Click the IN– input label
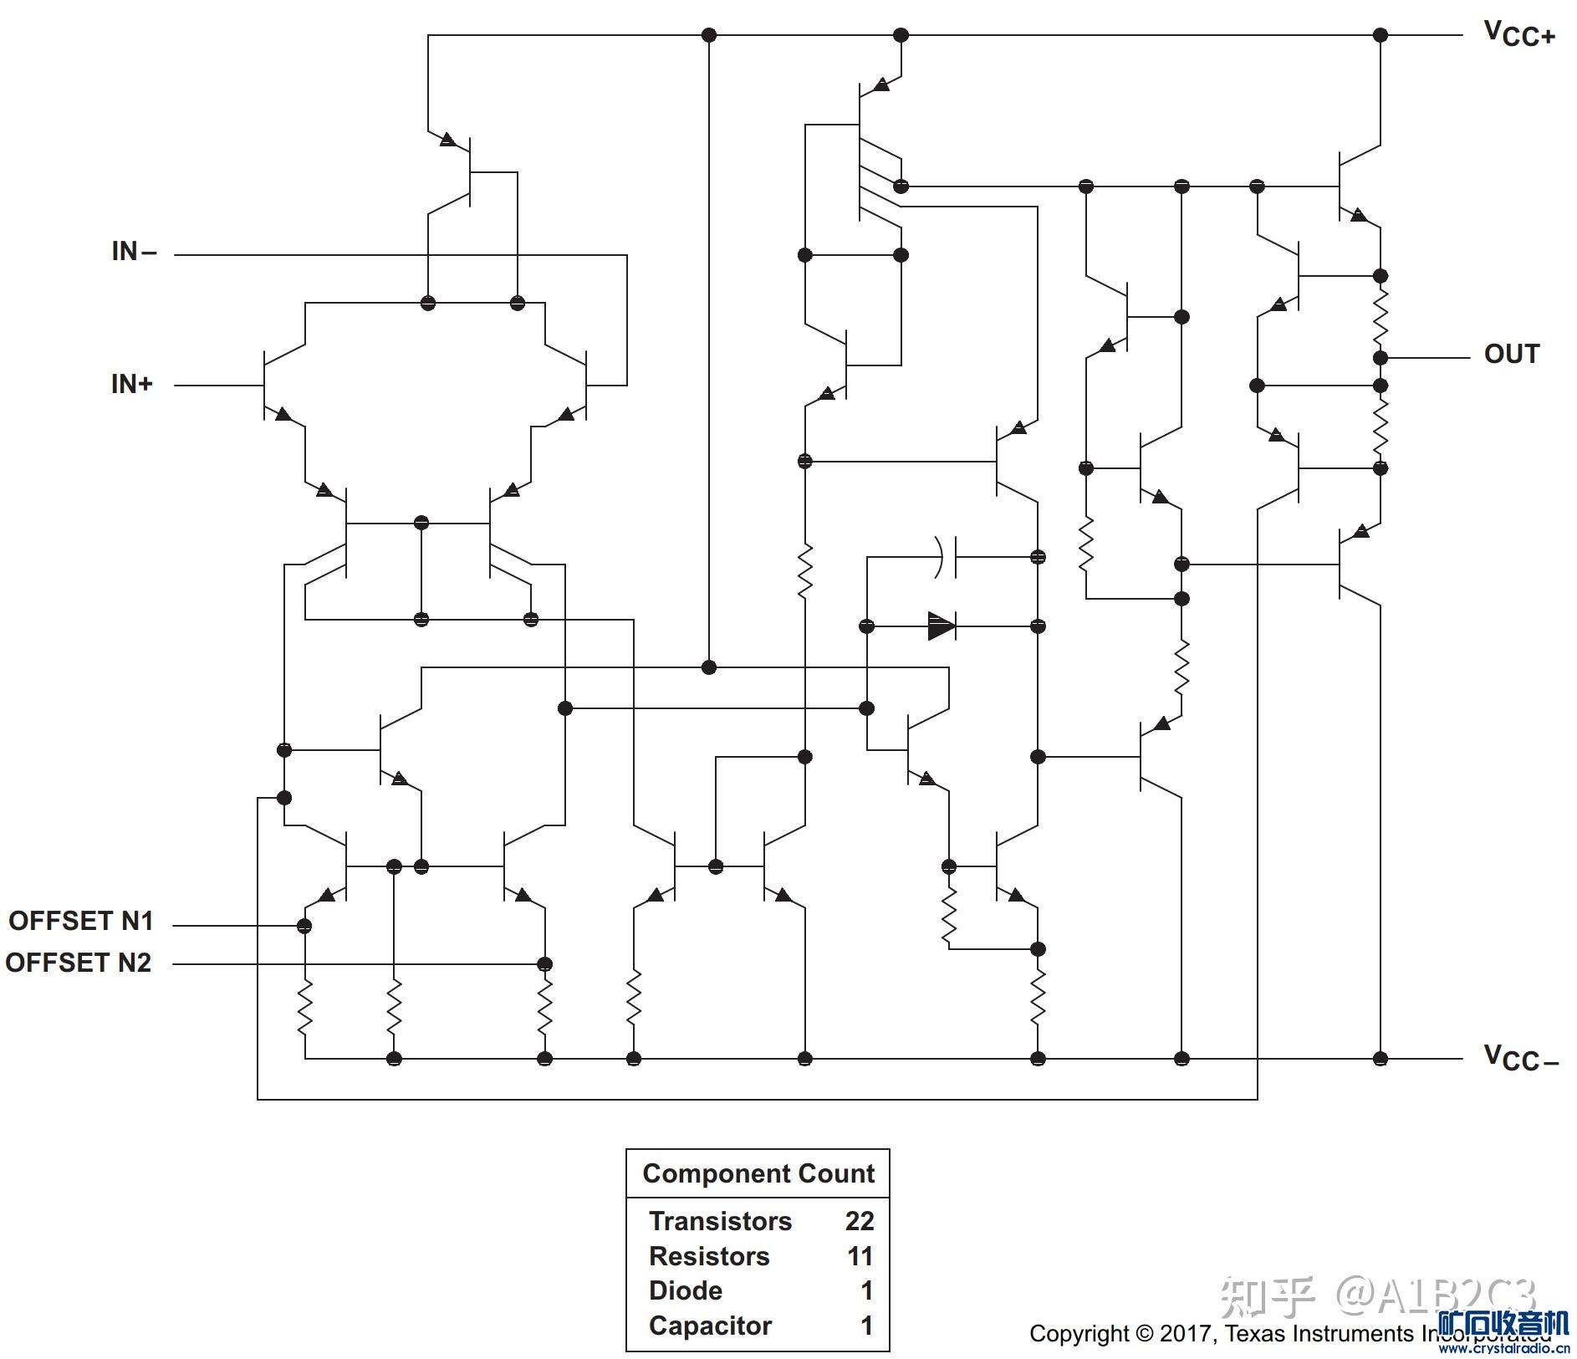[x=134, y=251]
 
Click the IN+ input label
[x=132, y=384]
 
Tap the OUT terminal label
[x=1511, y=354]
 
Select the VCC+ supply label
[x=1518, y=33]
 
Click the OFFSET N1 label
[x=80, y=921]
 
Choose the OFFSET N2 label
[x=79, y=963]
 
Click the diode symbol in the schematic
[x=942, y=626]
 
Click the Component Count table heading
[x=758, y=1173]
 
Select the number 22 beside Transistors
[x=859, y=1221]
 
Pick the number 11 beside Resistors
[x=860, y=1256]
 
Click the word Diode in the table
[x=685, y=1290]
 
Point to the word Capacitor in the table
[x=710, y=1326]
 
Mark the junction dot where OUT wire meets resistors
[x=1381, y=358]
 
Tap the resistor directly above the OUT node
[x=1381, y=316]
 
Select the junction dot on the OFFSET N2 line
[x=544, y=963]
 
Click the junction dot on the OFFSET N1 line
[x=304, y=926]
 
